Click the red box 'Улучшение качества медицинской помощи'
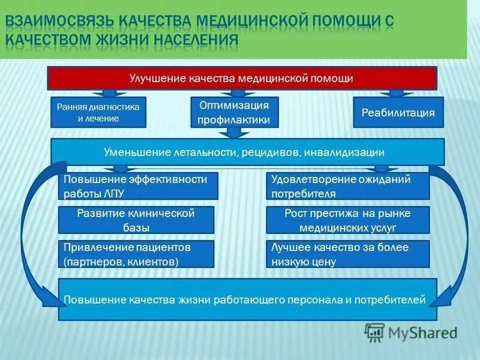coord(242,78)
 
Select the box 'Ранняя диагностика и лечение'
coord(98,112)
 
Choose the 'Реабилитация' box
coord(397,112)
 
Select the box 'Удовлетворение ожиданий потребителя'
coord(348,186)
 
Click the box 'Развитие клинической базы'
coord(136,220)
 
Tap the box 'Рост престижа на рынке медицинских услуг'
coord(348,220)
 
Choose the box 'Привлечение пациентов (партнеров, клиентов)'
coord(136,254)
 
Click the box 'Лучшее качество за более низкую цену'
coord(348,254)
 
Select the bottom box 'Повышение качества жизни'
coord(247,299)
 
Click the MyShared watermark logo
coord(412,332)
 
